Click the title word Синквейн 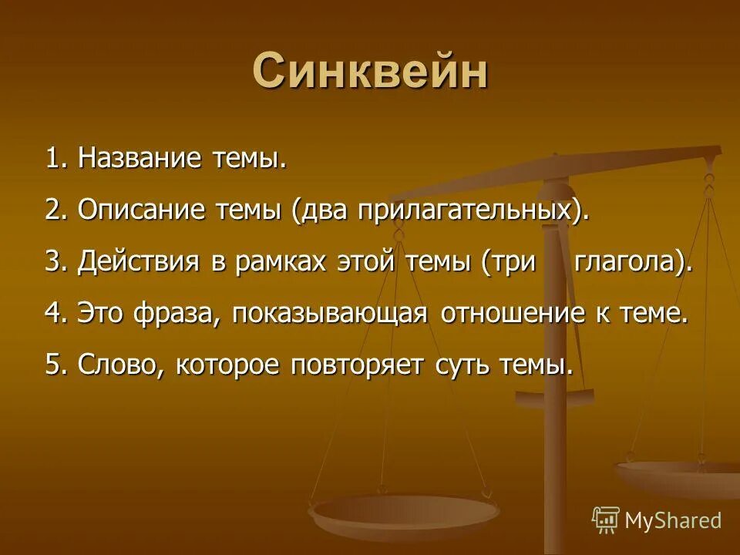point(370,72)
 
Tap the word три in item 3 point(510,262)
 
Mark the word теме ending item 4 point(655,313)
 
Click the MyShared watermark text point(672,520)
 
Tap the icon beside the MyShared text point(606,520)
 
